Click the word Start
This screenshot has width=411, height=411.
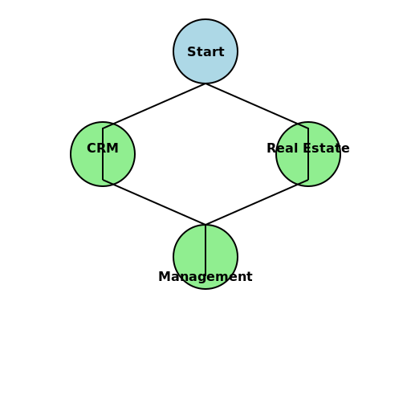pos(205,51)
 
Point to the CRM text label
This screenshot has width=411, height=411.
pos(103,148)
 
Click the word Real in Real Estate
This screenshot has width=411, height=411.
pos(283,148)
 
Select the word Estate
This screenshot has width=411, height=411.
pos(326,148)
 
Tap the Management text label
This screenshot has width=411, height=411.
pos(205,277)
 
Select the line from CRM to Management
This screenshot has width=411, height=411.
pos(154,202)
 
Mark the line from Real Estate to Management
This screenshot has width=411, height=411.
pos(257,202)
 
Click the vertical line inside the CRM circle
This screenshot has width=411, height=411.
pos(103,154)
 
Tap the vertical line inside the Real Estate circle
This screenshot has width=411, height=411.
pos(308,154)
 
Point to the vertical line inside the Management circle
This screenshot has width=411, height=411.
pos(205,250)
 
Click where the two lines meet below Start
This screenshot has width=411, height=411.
pos(205,83)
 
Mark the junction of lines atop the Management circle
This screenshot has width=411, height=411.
pos(205,224)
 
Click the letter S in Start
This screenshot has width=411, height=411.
pos(191,51)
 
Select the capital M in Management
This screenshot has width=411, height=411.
pos(164,276)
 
